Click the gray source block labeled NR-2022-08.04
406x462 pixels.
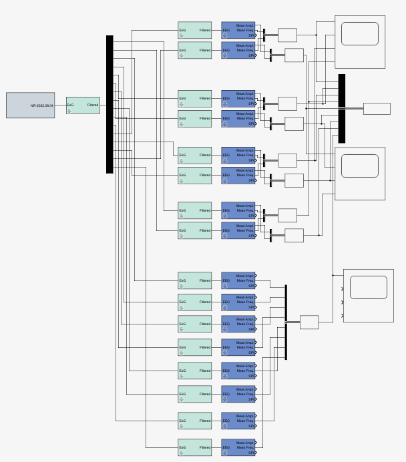click(x=30, y=105)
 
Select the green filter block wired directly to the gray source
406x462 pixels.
click(x=83, y=105)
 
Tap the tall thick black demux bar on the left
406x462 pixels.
click(x=110, y=104)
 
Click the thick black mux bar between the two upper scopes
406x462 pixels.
click(x=342, y=108)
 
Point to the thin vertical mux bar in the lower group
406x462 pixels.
click(x=286, y=322)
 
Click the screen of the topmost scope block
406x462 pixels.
click(x=360, y=33)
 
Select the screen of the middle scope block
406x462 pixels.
click(x=360, y=166)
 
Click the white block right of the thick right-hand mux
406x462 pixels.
click(x=377, y=108)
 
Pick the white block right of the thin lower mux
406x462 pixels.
click(x=309, y=322)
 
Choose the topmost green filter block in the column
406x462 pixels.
click(x=194, y=30)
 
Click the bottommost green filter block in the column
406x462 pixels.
click(x=194, y=447)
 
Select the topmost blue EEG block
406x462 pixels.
click(x=238, y=30)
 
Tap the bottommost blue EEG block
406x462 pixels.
click(x=238, y=447)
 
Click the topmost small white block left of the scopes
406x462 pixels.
click(x=287, y=35)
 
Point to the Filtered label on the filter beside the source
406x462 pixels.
click(x=93, y=105)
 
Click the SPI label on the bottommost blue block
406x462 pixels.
click(x=251, y=453)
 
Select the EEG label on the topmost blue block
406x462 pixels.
click(x=226, y=30)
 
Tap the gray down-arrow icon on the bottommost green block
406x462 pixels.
click(x=181, y=453)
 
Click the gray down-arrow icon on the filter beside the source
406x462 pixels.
click(x=69, y=111)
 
